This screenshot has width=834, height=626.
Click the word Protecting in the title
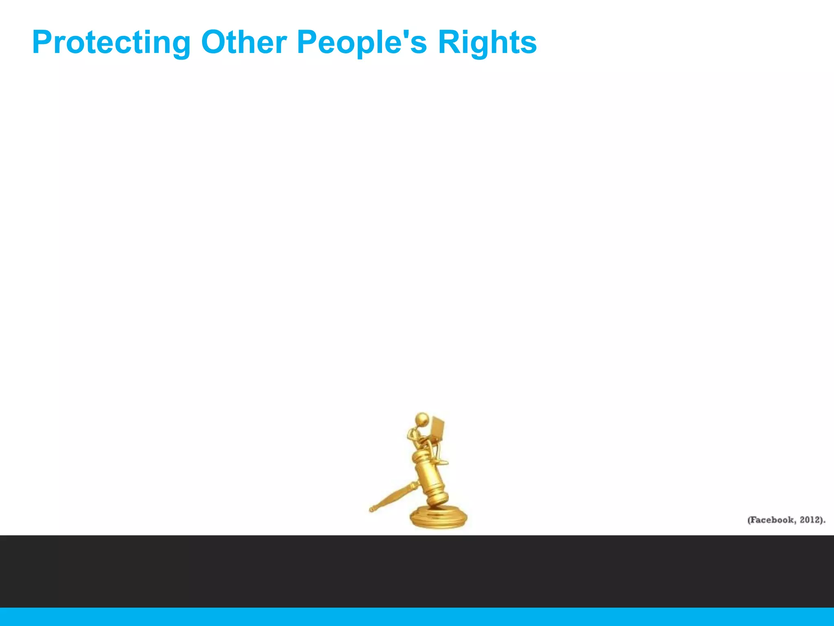click(x=111, y=43)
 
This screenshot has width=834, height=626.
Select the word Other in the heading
click(x=244, y=42)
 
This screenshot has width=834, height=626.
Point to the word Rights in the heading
click(x=487, y=43)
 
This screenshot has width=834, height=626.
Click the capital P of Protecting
click(x=42, y=42)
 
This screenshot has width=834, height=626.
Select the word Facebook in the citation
click(x=772, y=520)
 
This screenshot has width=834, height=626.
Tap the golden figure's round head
click(x=422, y=419)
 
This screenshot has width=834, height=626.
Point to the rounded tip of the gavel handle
click(x=372, y=509)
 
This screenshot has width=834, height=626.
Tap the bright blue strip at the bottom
click(x=417, y=617)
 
